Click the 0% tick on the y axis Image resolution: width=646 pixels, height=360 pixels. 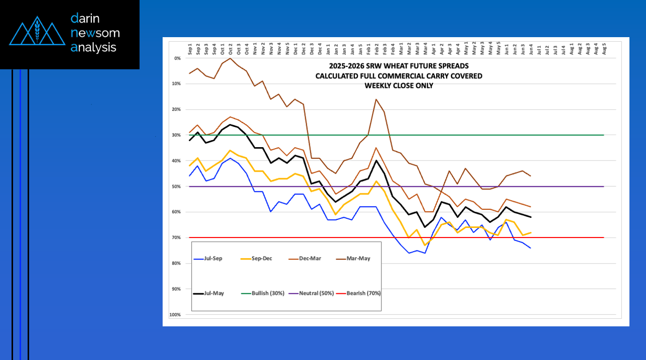[x=177, y=58]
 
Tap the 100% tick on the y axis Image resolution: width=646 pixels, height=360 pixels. [x=176, y=315]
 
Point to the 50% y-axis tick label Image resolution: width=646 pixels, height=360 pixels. [x=177, y=186]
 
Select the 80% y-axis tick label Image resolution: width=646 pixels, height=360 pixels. [x=177, y=263]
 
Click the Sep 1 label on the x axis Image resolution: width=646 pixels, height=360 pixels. [x=190, y=49]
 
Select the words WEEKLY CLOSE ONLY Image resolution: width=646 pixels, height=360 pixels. [x=399, y=86]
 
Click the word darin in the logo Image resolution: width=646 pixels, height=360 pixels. [x=87, y=19]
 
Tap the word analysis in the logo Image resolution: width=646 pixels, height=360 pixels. [x=93, y=47]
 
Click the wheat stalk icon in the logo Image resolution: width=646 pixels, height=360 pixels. [x=36, y=31]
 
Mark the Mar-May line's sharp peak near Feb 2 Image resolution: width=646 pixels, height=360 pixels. [x=376, y=99]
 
